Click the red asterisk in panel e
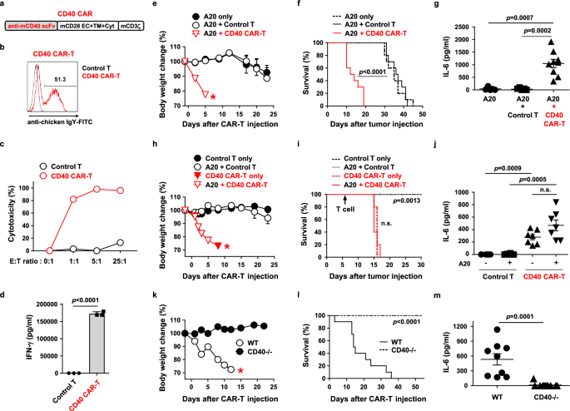coord(214,99)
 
